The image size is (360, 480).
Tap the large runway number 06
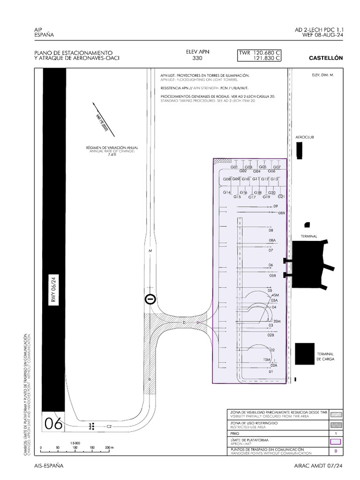tap(53, 424)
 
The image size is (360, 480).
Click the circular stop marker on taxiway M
tap(150, 299)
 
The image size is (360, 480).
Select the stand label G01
tap(234, 167)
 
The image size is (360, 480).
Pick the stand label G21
tap(281, 196)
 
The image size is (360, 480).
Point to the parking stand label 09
tap(276, 206)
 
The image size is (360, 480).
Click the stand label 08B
tap(281, 213)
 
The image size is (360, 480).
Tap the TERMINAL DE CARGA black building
tap(305, 354)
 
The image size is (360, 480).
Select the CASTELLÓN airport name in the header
tap(326, 58)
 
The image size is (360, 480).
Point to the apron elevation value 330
tap(197, 59)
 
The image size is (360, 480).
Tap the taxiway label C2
tap(109, 427)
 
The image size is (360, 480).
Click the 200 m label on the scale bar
tap(108, 448)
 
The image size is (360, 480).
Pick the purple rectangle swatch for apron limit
tap(336, 441)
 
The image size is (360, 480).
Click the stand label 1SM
tap(267, 360)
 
